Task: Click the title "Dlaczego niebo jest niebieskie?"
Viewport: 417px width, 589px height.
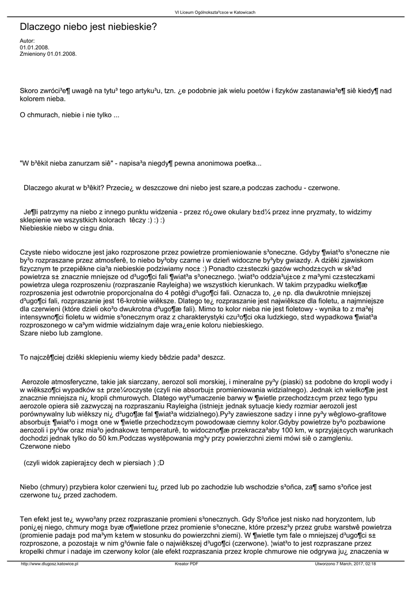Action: pos(88,27)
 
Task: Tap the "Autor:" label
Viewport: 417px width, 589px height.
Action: pos(28,41)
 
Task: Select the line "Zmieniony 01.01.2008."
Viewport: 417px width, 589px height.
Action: pos(48,53)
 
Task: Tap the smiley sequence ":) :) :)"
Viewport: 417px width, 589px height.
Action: pos(155,220)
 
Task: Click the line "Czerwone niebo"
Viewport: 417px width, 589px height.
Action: pos(45,446)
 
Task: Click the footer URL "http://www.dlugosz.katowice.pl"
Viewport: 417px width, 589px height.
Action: pos(49,564)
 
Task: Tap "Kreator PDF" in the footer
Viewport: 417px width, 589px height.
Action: pos(187,564)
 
